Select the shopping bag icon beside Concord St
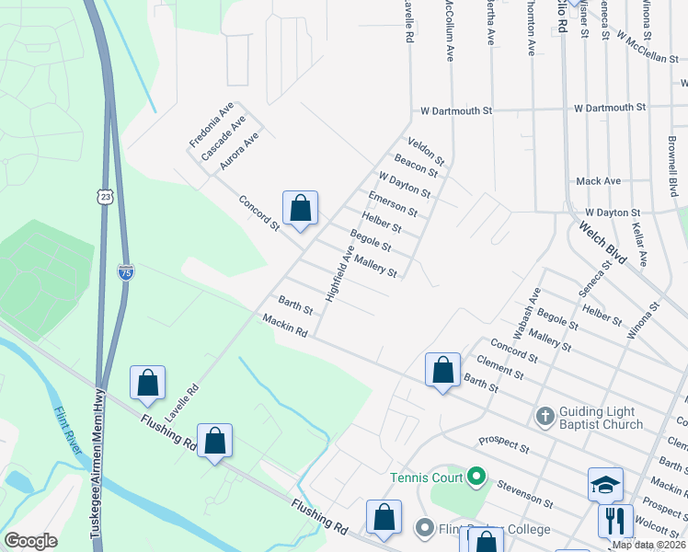tap(300, 210)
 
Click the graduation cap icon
tap(606, 484)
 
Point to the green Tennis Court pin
tap(476, 477)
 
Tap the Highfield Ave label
tap(338, 274)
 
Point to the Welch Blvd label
tap(602, 242)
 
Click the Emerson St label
tap(392, 204)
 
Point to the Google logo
tap(30, 541)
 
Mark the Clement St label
tap(507, 368)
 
